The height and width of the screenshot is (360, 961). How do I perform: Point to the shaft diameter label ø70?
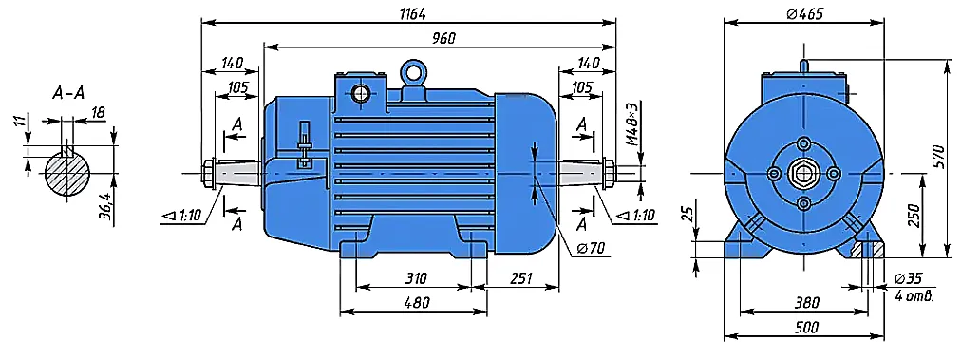click(x=592, y=248)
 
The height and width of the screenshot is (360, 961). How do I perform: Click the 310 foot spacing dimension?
click(x=415, y=279)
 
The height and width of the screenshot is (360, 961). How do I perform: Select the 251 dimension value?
click(x=522, y=279)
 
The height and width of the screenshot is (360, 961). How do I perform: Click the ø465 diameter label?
click(x=804, y=13)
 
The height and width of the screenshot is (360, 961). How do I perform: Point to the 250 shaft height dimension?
click(x=914, y=216)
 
